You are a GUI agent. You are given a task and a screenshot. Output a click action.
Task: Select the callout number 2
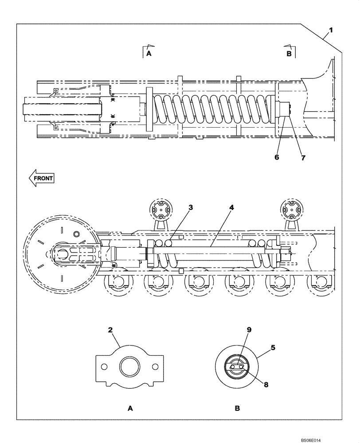(110, 330)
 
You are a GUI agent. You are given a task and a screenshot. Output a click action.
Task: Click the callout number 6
(277, 156)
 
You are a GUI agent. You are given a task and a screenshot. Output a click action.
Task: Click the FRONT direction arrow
(41, 178)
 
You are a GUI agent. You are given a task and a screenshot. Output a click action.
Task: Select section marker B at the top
(289, 54)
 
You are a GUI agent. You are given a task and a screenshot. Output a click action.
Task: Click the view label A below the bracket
(130, 408)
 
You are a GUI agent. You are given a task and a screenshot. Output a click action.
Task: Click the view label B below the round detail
(237, 408)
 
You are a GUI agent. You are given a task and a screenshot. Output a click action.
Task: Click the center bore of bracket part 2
(130, 367)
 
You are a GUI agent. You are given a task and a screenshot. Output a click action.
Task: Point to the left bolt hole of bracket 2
(104, 367)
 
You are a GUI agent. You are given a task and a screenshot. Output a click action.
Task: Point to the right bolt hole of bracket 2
(156, 367)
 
